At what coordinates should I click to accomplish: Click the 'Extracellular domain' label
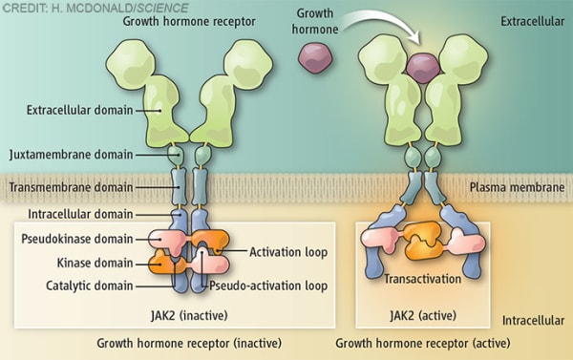pyautogui.click(x=72, y=111)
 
